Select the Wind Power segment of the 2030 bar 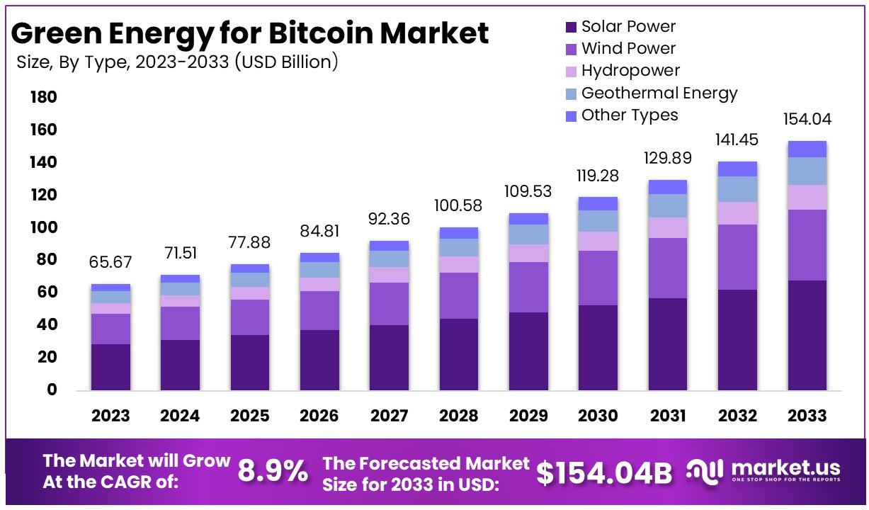pos(598,278)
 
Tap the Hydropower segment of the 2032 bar pos(737,213)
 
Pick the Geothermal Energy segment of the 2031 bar pos(668,205)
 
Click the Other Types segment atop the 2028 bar pos(459,233)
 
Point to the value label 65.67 pos(110,263)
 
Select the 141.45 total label pos(737,140)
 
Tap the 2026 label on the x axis pos(319,416)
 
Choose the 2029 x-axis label pos(528,416)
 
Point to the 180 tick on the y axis pos(44,97)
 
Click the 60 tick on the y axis pos(44,292)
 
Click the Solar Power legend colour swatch pos(571,28)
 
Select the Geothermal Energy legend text pos(659,93)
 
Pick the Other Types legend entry pos(629,115)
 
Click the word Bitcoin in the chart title pos(325,33)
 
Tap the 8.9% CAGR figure pos(273,471)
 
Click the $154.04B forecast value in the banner pos(603,473)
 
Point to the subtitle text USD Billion pos(287,62)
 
